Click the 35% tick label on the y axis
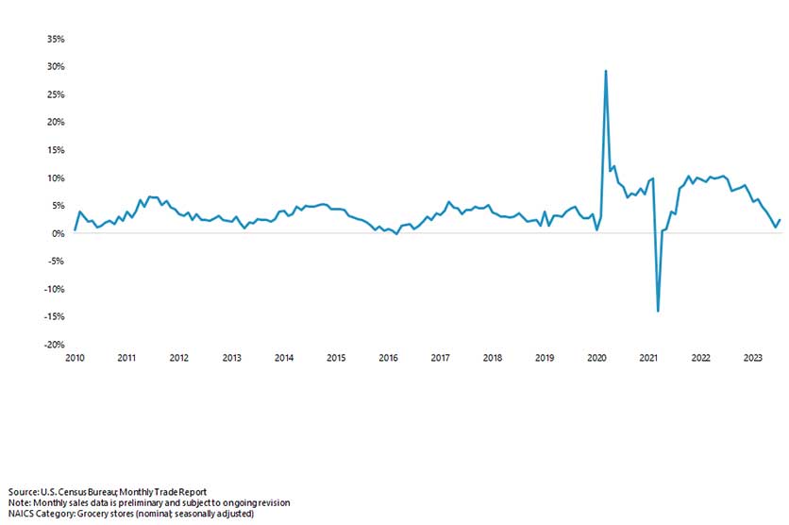(55, 40)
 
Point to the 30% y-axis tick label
(55, 67)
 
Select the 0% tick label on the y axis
(58, 234)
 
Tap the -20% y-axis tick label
(53, 345)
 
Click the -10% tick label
(53, 289)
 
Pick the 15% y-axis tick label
(55, 150)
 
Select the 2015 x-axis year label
(336, 359)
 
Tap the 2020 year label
(596, 359)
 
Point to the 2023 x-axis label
(753, 359)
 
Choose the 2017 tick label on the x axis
(440, 359)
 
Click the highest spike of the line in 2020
(605, 71)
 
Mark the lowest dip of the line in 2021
(658, 311)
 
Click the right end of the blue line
(780, 220)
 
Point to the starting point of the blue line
(75, 229)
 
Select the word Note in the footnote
(17, 503)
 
